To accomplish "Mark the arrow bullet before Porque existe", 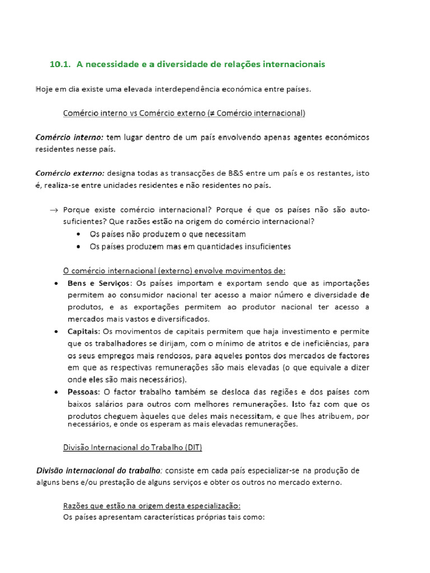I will click(54, 210).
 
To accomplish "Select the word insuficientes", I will click(263, 246).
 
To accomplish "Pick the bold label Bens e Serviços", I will click(98, 283).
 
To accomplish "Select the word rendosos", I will click(153, 356).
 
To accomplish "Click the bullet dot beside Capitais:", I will click(58, 332).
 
